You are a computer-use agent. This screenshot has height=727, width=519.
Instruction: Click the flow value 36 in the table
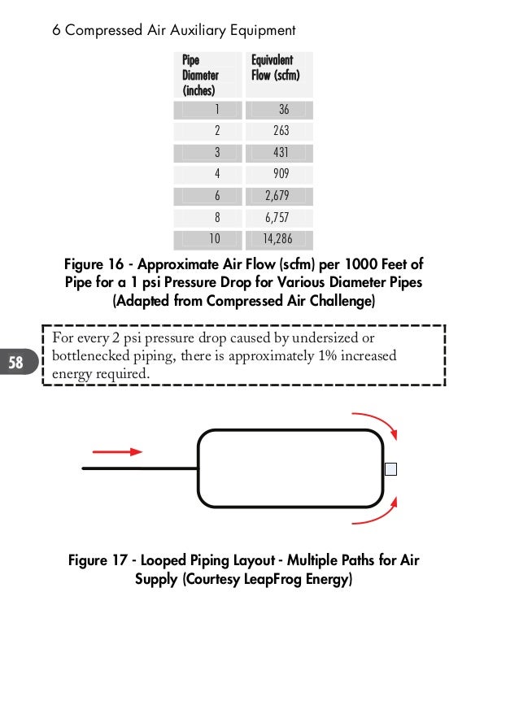pyautogui.click(x=283, y=110)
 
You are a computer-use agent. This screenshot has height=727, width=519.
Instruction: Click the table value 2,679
pyautogui.click(x=277, y=196)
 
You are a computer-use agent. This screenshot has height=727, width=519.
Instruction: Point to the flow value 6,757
pyautogui.click(x=277, y=217)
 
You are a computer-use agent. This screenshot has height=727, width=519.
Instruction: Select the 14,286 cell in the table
pyautogui.click(x=277, y=239)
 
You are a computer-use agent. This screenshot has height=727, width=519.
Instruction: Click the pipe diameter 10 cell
pyautogui.click(x=214, y=239)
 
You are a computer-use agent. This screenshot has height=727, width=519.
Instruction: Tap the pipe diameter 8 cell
pyautogui.click(x=216, y=217)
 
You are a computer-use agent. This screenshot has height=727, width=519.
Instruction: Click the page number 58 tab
pyautogui.click(x=16, y=363)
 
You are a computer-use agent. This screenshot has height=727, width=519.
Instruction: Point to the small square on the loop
pyautogui.click(x=390, y=469)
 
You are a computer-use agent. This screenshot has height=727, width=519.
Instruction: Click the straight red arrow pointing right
pyautogui.click(x=117, y=451)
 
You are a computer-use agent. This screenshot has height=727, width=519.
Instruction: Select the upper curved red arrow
pyautogui.click(x=377, y=423)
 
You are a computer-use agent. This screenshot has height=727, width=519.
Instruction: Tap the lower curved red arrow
pyautogui.click(x=376, y=514)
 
